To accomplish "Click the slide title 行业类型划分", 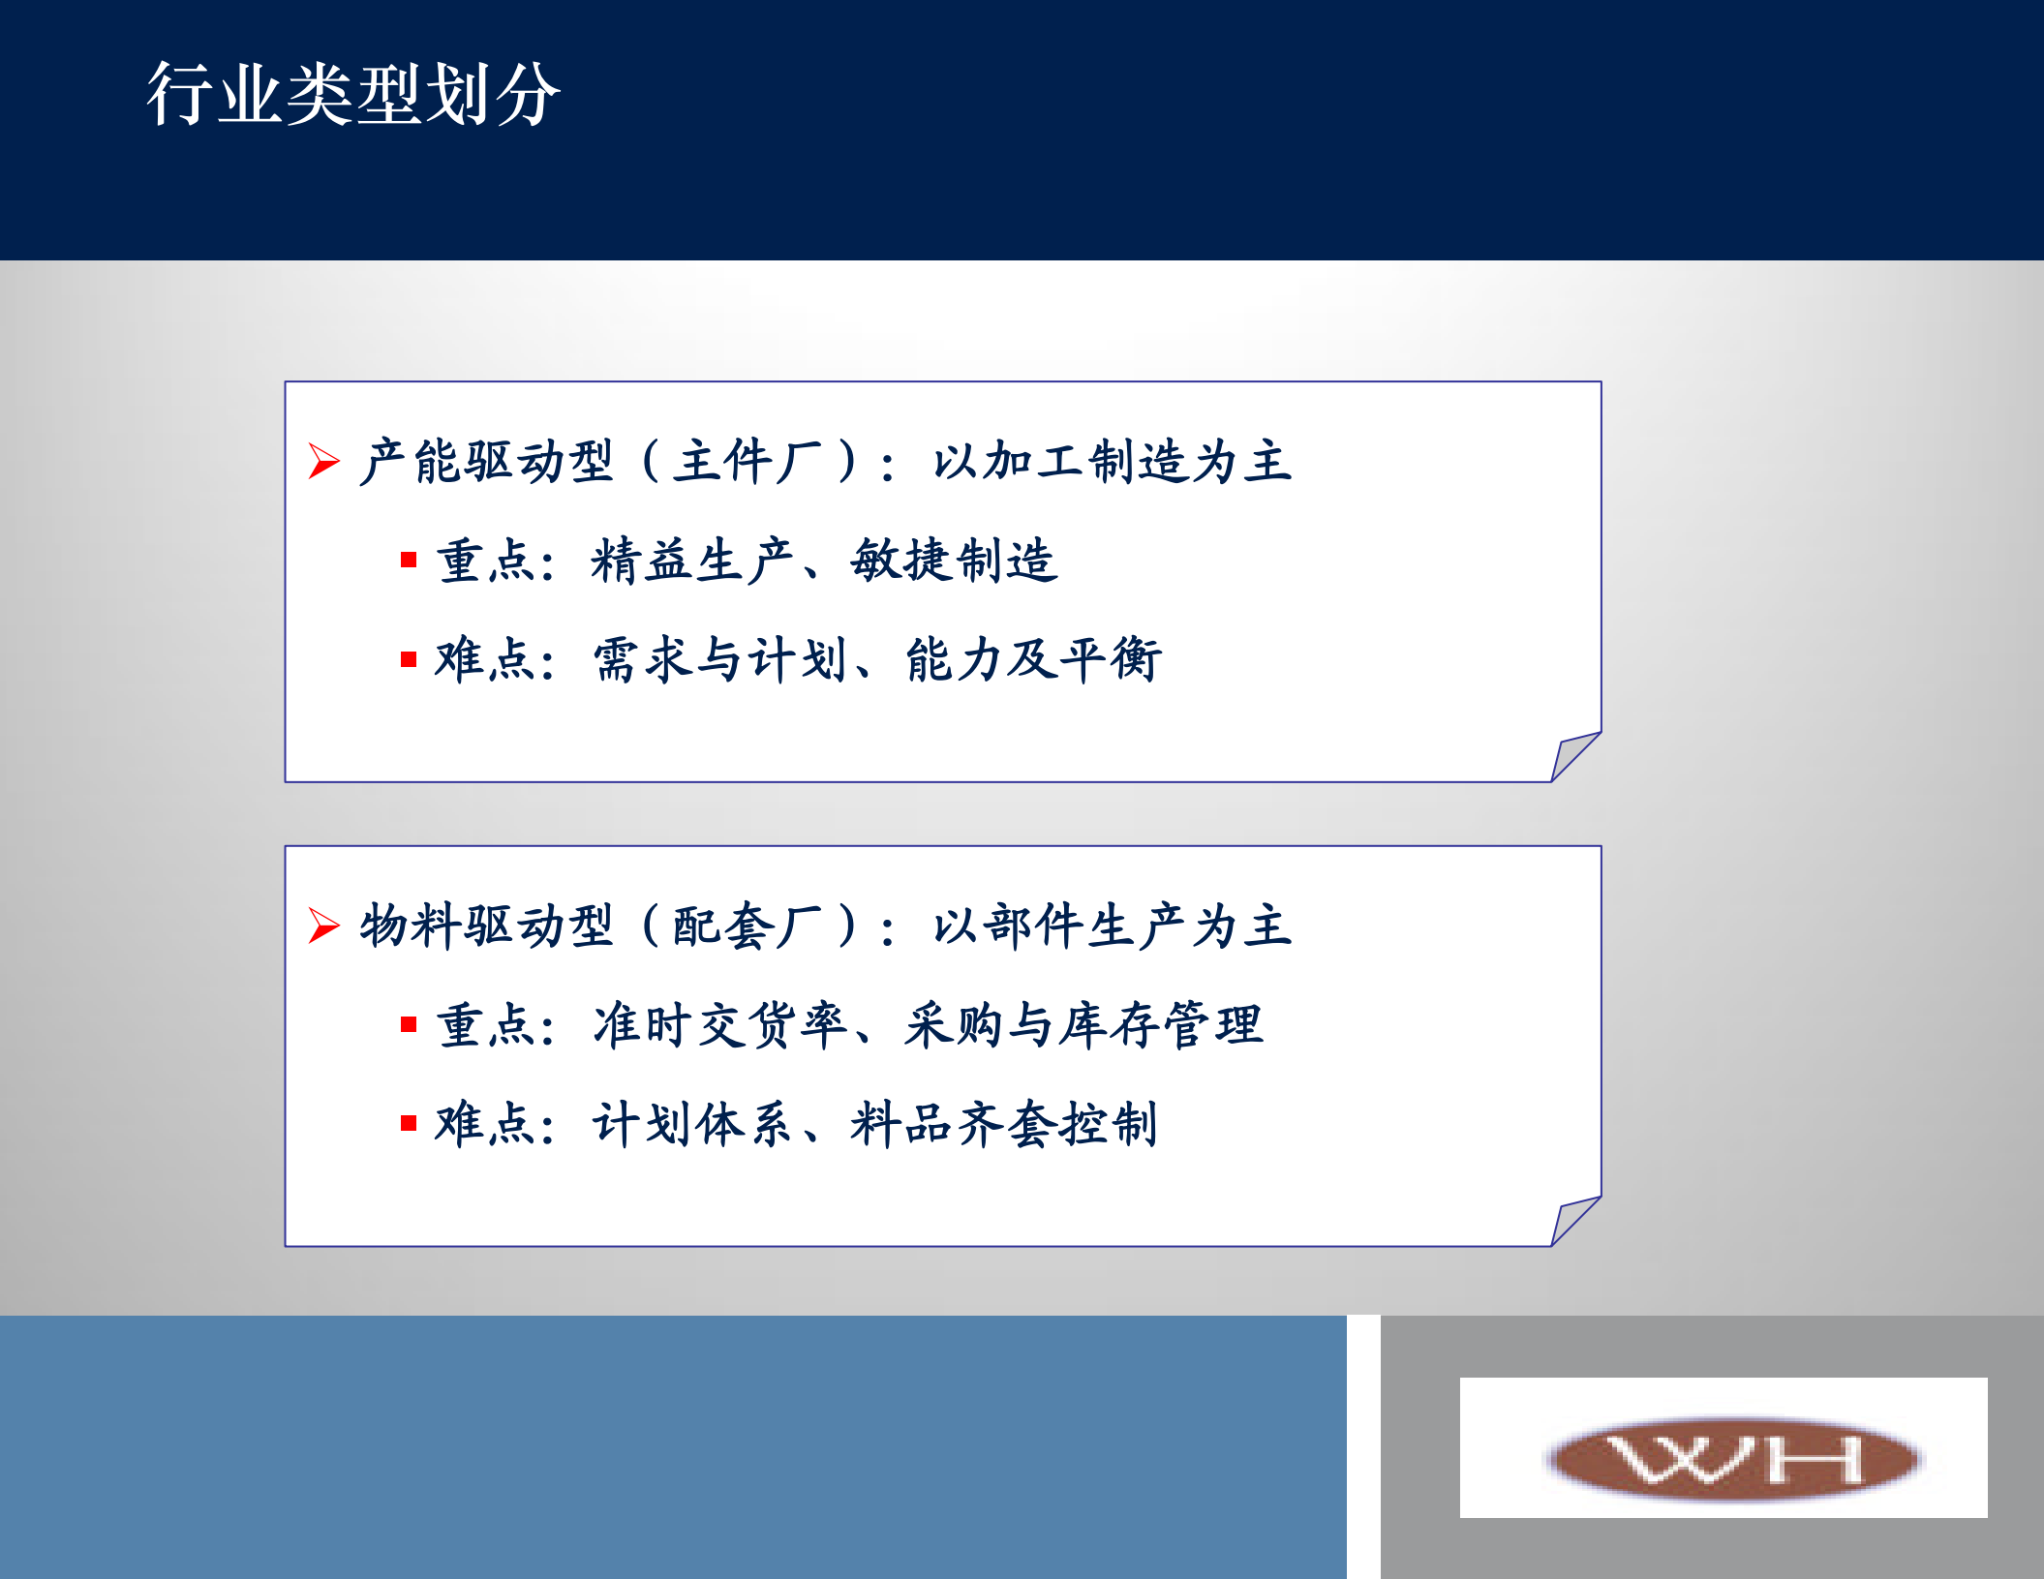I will pyautogui.click(x=353, y=94).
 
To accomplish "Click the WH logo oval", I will pyautogui.click(x=1733, y=1459).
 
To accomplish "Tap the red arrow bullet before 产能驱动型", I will pyautogui.click(x=323, y=461).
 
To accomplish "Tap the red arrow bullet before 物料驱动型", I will pyautogui.click(x=323, y=926).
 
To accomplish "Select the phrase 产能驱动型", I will pyautogui.click(x=486, y=461).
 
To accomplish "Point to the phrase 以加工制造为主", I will pyautogui.click(x=1112, y=461).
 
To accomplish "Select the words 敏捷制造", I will pyautogui.click(x=954, y=561).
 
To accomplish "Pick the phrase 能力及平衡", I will pyautogui.click(x=1033, y=660).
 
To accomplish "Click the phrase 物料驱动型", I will pyautogui.click(x=486, y=926).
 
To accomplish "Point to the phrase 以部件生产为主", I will pyautogui.click(x=1112, y=926).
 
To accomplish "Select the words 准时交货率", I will pyautogui.click(x=720, y=1025).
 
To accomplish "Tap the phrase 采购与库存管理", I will pyautogui.click(x=1083, y=1025).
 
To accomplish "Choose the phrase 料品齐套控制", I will pyautogui.click(x=1004, y=1125).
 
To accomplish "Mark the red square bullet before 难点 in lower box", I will pyautogui.click(x=409, y=1123).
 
